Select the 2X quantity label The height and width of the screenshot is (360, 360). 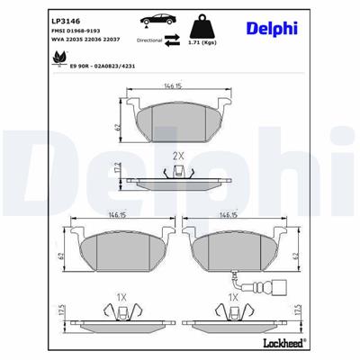[178, 156]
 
